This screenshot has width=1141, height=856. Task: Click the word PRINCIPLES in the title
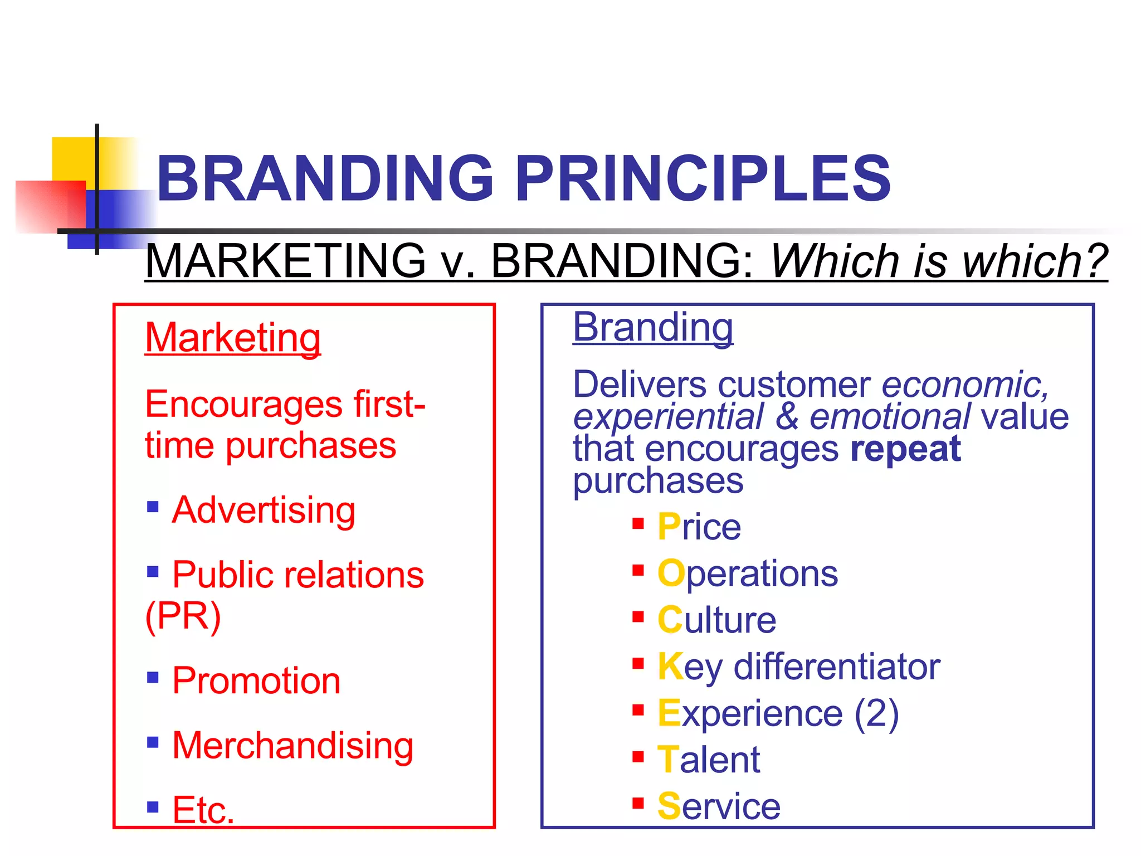click(703, 178)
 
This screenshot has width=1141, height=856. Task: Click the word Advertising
click(264, 510)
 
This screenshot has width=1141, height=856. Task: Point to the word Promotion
click(256, 680)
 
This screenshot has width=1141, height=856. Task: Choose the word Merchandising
click(293, 745)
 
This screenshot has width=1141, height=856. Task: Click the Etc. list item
click(203, 809)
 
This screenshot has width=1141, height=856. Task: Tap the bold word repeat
click(906, 449)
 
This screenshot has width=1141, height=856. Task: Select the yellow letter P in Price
click(669, 526)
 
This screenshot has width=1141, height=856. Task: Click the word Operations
click(748, 573)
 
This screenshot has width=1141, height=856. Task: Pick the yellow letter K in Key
click(670, 666)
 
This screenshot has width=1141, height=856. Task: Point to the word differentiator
click(837, 667)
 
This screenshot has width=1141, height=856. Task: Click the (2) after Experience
click(877, 713)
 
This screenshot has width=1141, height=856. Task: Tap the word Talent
click(709, 760)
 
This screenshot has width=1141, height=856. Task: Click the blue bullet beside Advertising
click(153, 507)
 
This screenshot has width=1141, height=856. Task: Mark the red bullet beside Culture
click(638, 617)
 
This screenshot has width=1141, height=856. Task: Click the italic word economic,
click(966, 385)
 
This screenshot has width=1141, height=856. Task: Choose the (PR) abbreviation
click(183, 616)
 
